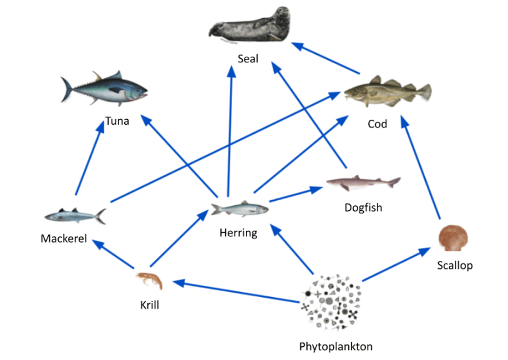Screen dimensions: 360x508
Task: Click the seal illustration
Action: point(250,27)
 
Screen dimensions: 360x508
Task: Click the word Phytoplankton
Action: point(336,346)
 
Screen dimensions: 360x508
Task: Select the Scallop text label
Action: point(454,265)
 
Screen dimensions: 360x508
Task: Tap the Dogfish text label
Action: point(363,207)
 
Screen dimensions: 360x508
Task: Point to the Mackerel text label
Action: point(64,238)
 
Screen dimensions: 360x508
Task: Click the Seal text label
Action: point(248,59)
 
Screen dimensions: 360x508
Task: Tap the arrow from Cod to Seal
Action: point(326,57)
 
